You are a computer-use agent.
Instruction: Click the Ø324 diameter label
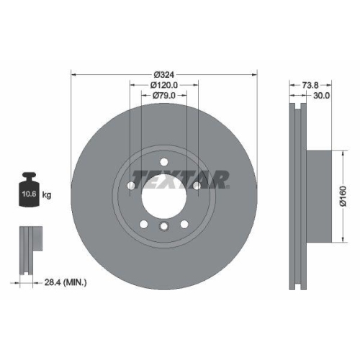click(x=164, y=73)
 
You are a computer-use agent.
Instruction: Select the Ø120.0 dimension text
click(x=164, y=85)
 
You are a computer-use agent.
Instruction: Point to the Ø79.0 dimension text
click(x=164, y=96)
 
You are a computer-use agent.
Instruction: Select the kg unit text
click(x=47, y=195)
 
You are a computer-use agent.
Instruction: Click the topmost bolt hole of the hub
click(x=164, y=161)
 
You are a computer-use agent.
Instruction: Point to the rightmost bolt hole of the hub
click(x=197, y=187)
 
